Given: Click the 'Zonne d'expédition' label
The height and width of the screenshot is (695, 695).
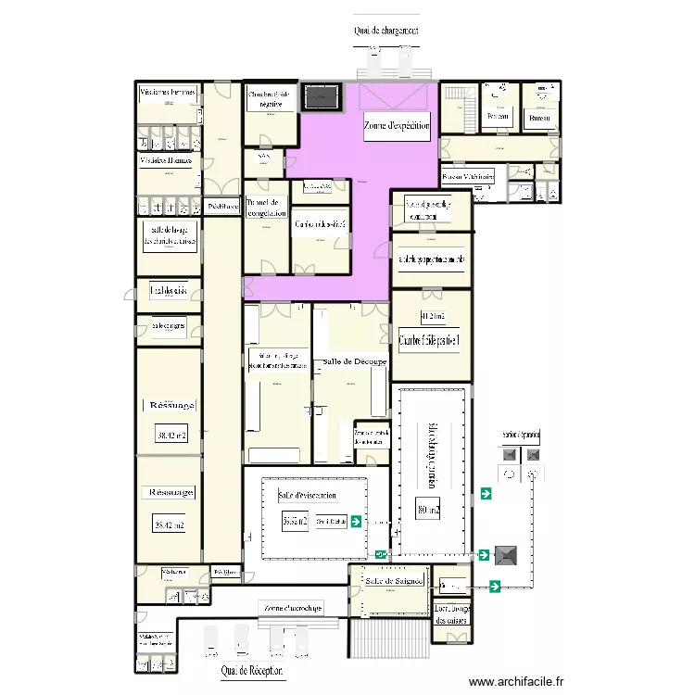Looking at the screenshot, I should coord(397,129).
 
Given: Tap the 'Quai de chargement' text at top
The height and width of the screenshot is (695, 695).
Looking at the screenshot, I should coord(385,31).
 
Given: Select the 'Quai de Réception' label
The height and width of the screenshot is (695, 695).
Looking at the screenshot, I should coord(252,670).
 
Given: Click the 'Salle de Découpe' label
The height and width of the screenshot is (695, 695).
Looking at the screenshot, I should coord(355,360).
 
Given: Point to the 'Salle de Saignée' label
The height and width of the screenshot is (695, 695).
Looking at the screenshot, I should coord(394,581).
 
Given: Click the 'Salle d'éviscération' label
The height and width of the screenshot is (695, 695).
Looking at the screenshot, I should coord(307,496).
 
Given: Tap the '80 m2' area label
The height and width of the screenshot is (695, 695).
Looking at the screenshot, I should coord(428,509).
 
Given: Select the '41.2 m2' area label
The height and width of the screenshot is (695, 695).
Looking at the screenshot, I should coord(432,317).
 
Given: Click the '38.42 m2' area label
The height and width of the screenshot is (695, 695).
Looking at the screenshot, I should coord(170,435).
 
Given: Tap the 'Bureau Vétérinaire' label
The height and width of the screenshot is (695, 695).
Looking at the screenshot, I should coord(468,176).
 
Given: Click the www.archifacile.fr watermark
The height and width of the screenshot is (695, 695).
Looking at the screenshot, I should coord(516,681).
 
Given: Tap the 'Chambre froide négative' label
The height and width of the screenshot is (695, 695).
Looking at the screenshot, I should coord(271,100).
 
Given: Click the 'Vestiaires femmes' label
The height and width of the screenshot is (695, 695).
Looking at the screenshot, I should coord(168,93).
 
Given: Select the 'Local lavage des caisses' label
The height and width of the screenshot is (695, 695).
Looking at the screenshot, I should coord(452,614).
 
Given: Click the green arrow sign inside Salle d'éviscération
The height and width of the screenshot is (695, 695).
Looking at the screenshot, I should coord(356,522).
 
